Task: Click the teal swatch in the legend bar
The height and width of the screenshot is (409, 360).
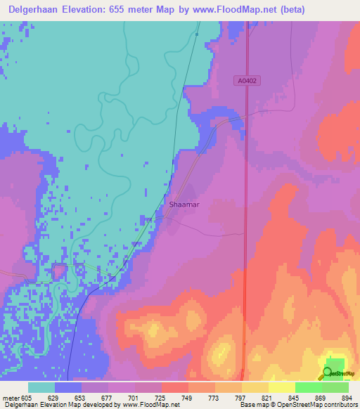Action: [x=41, y=387]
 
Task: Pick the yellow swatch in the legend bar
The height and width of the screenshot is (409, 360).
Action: [x=282, y=387]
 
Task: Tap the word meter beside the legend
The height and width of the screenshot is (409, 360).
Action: [x=11, y=398]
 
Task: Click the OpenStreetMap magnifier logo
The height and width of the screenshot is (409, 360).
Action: [x=328, y=374]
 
